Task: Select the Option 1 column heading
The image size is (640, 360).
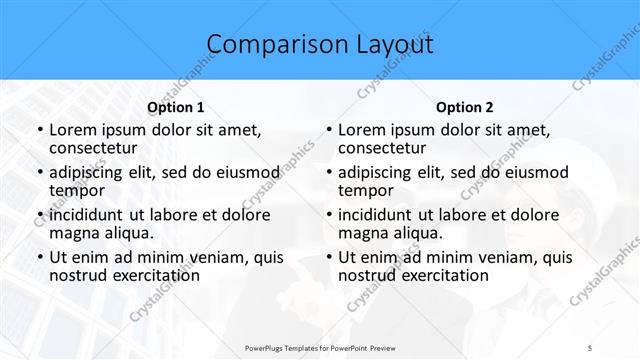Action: point(176,107)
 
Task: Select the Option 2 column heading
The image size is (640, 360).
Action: point(465,107)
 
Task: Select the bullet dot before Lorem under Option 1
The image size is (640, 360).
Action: point(38,130)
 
